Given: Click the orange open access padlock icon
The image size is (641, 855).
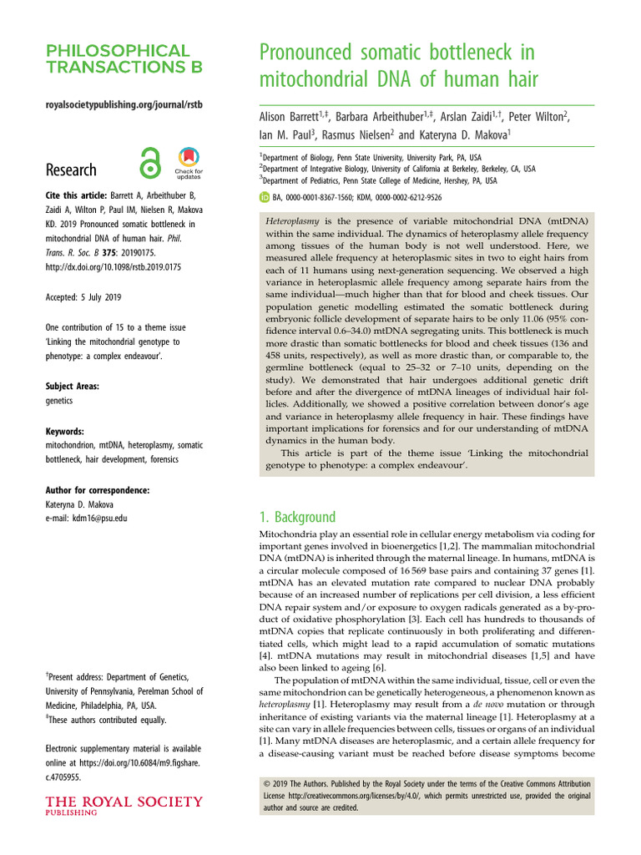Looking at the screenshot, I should [x=150, y=163].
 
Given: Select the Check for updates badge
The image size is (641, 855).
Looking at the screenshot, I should [x=188, y=163].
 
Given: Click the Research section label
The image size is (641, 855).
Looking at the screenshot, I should [x=71, y=169].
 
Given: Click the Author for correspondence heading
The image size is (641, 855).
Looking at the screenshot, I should [x=98, y=489].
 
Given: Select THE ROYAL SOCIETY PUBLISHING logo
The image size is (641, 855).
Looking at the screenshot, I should [x=124, y=807].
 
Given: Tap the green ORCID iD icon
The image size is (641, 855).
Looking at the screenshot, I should [x=265, y=198].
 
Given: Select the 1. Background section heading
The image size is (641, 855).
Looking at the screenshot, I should [x=297, y=517].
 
